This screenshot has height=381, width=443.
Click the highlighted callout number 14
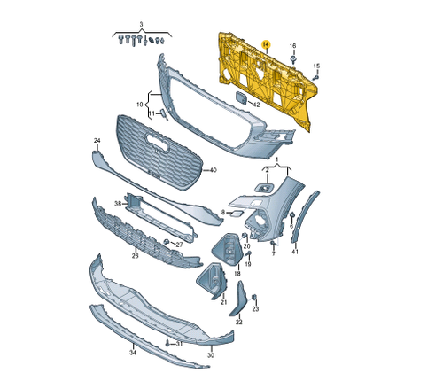coord(267,44)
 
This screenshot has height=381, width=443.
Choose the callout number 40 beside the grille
coord(212,169)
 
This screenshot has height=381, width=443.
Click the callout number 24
coord(97,141)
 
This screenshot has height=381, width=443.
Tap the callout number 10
coord(139,105)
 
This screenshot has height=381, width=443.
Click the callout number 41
coord(295,253)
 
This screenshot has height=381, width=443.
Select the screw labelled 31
coord(166,342)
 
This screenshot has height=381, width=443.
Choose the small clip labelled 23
coord(253,297)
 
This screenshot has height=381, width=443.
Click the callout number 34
coord(133,353)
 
